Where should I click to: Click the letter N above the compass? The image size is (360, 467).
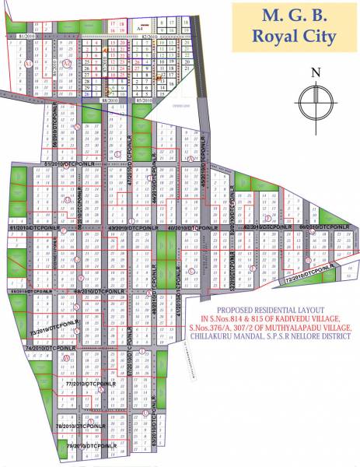315,73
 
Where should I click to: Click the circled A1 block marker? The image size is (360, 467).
28,63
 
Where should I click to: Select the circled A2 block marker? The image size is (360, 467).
77,63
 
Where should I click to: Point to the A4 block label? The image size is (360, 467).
140,28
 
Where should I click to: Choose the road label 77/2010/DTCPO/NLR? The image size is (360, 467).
90,384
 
